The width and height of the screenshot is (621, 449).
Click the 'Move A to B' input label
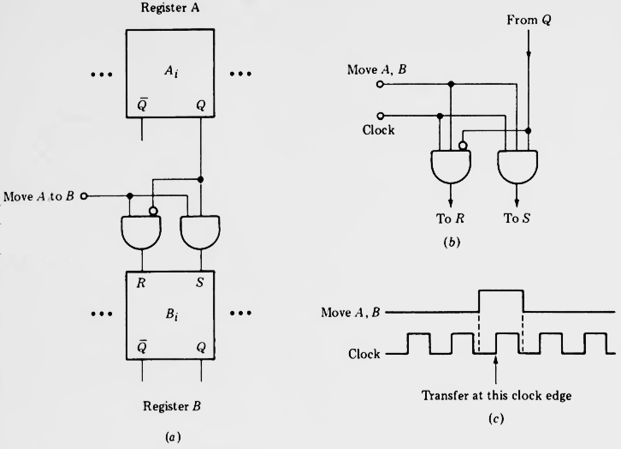(39, 196)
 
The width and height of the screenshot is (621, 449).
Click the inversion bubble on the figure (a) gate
(153, 211)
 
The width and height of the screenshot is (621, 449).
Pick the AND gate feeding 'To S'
(517, 165)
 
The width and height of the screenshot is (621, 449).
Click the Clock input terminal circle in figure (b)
(381, 116)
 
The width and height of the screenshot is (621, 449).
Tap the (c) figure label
(494, 420)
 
